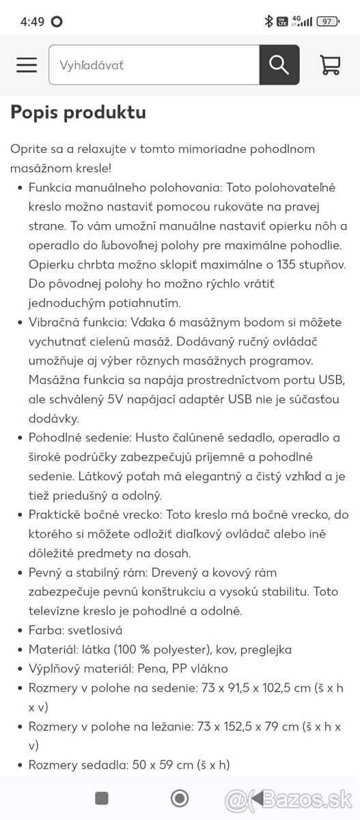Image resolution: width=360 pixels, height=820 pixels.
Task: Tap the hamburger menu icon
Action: pos(27,65)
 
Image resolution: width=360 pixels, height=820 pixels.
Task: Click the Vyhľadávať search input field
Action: pos(154,65)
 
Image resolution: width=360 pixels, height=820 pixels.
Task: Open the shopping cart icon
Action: pos(330,65)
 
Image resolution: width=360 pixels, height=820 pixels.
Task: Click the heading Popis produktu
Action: pos(78,112)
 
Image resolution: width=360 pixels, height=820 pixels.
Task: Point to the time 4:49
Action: pos(32,21)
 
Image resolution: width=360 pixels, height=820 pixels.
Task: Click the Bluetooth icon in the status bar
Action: pos(269,21)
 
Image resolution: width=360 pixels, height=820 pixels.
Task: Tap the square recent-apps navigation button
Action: pos(102,798)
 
